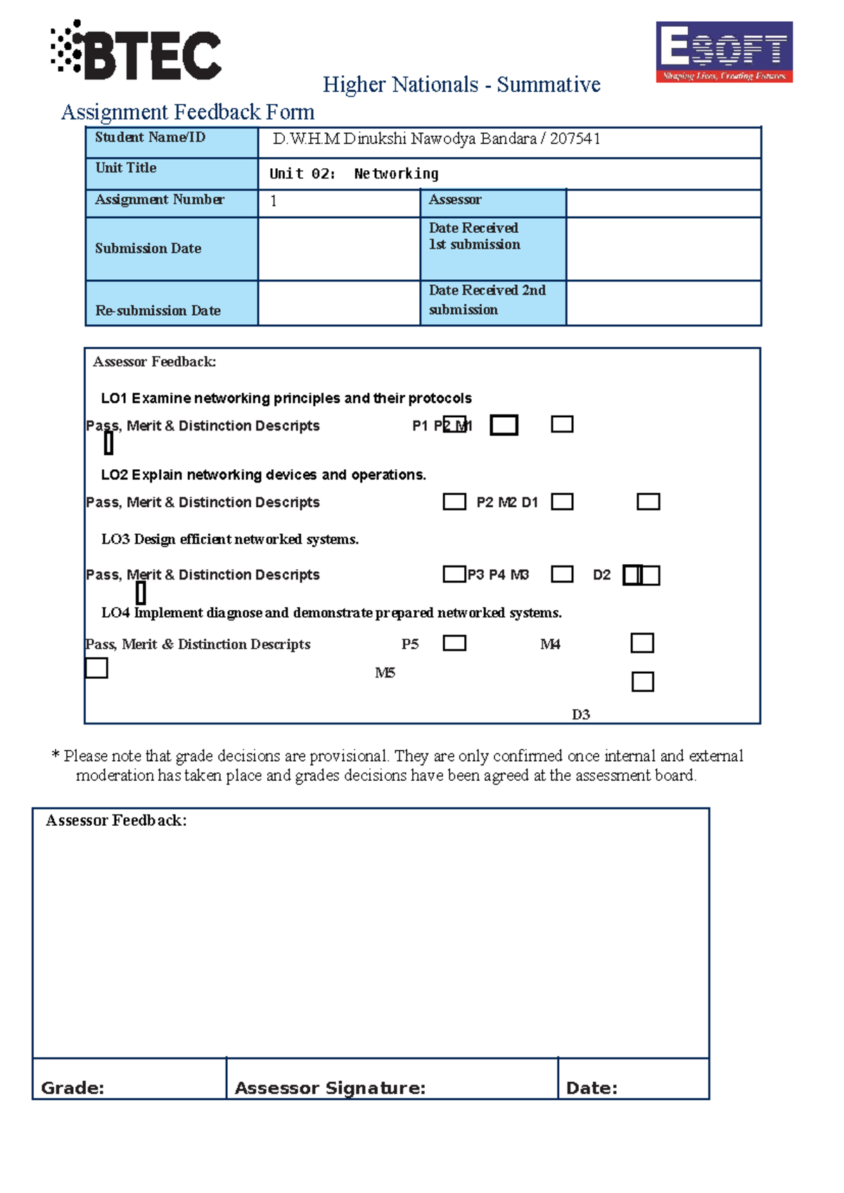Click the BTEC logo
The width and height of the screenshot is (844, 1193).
point(136,51)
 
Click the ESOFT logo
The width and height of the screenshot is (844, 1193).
point(724,51)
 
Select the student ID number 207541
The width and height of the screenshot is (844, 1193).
point(575,139)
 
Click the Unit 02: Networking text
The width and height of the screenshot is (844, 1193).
point(354,174)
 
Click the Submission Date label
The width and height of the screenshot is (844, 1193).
point(148,248)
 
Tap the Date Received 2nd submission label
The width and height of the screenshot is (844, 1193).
point(487,300)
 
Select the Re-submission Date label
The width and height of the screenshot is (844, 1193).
point(158,310)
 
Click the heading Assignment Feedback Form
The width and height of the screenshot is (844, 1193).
point(188,112)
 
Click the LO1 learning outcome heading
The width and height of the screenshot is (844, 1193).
point(286,398)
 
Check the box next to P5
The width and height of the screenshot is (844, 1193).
point(454,643)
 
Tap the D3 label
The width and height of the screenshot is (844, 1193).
point(581,715)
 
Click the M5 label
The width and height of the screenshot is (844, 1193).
point(385,673)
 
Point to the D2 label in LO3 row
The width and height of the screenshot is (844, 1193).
point(601,575)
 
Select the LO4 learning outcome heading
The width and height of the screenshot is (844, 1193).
point(331,613)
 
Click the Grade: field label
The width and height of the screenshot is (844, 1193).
point(72,1088)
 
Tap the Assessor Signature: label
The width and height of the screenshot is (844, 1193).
point(330,1088)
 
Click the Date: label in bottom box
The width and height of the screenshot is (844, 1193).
point(592,1088)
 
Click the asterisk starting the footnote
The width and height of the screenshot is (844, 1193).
point(56,756)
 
